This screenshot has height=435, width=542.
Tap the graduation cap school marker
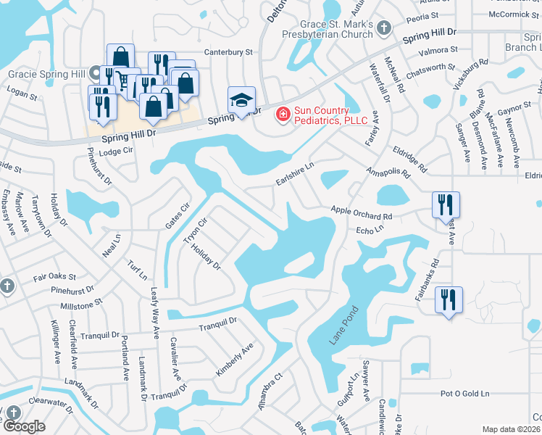tap(242, 99)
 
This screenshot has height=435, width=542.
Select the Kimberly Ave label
tap(234, 360)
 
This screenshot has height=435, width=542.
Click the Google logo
tap(24, 426)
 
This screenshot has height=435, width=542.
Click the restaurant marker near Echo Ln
tap(445, 204)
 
